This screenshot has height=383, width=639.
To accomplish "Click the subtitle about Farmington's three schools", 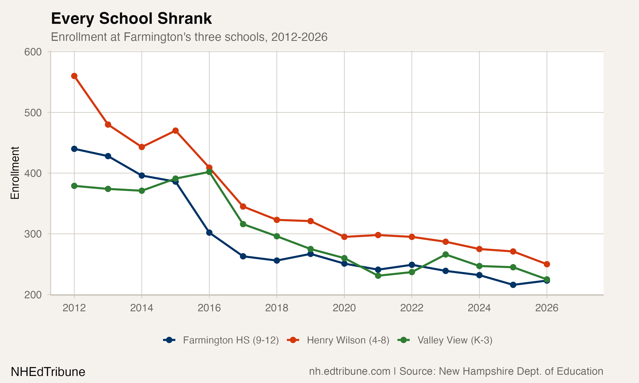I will (x=189, y=37).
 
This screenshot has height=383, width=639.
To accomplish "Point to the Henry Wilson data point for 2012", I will (x=74, y=76).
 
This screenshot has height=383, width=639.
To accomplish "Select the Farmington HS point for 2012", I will (x=74, y=149).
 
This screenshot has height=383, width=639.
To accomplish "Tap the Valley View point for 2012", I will (x=74, y=186).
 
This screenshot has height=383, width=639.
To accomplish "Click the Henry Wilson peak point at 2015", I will (x=175, y=131).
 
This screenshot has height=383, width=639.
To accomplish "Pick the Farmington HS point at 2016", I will (x=209, y=233).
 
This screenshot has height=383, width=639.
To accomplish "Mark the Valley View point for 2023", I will (x=446, y=254).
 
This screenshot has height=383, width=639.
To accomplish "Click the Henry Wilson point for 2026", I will (x=547, y=264).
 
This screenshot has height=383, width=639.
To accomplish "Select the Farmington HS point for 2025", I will (x=513, y=285).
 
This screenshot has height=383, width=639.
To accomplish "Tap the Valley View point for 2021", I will (x=378, y=276).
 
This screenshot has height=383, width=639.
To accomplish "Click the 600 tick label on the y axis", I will (x=33, y=52).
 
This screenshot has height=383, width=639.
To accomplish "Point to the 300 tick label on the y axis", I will (x=33, y=234).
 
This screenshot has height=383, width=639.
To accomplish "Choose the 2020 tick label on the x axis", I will (x=344, y=308).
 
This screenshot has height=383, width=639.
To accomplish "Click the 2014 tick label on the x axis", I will (x=142, y=308).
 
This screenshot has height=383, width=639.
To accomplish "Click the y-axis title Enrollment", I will (x=15, y=173).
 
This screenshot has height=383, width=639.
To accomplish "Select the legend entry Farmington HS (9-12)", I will (x=231, y=340).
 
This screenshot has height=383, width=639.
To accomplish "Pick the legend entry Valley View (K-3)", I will (x=455, y=340).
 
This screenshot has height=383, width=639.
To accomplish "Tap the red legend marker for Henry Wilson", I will (x=293, y=340).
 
